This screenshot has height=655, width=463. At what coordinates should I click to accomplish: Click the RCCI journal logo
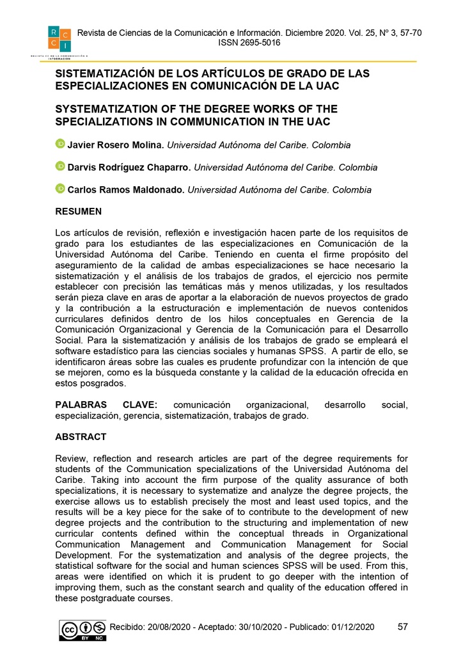tap(59, 39)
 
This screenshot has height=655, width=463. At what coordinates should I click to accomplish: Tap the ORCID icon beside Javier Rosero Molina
tap(60, 145)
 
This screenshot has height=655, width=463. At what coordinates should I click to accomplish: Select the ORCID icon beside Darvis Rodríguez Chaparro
tap(60, 167)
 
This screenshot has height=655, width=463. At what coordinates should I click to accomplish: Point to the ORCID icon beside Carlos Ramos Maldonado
tap(60, 189)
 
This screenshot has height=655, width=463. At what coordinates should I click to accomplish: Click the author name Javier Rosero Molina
tap(116, 145)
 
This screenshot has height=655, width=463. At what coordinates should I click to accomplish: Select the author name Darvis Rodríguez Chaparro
tap(129, 168)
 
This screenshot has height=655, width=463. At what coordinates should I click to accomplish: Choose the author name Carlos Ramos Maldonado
tap(125, 190)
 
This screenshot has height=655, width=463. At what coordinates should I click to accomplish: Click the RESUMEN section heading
tap(78, 212)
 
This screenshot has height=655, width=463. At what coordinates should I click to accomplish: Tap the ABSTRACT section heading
tap(81, 437)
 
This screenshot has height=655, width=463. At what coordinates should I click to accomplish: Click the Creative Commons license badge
tap(82, 630)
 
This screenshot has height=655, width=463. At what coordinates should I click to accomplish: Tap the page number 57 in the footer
tap(403, 627)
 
